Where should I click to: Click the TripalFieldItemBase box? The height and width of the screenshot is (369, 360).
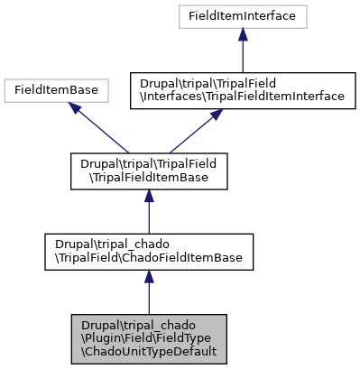(x=148, y=171)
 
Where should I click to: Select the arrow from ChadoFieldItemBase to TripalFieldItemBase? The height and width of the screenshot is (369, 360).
(x=148, y=217)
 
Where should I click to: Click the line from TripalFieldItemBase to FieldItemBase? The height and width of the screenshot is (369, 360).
(x=104, y=130)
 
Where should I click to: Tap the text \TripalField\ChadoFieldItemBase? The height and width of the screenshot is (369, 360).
(x=148, y=259)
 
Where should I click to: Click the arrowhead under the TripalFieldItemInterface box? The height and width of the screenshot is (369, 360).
(x=216, y=115)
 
